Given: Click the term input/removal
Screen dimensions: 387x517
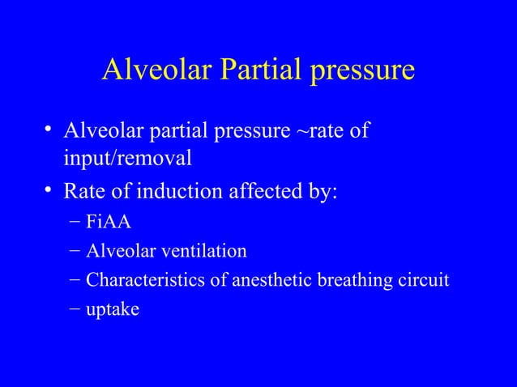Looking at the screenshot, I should pos(128,158).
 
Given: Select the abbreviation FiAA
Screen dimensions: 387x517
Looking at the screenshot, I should pos(105,223).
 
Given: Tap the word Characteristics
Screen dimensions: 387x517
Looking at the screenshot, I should pos(138,280).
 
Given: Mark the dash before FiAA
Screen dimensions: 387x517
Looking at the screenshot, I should pos(75,223).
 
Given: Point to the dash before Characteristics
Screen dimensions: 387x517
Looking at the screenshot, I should pos(75,281).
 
